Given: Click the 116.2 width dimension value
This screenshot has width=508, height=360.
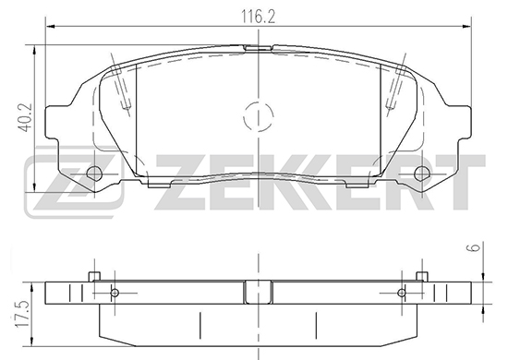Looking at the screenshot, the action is pos(259,17).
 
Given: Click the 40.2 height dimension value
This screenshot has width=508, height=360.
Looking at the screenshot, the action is pos(25,117).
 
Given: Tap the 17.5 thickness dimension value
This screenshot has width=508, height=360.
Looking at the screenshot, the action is pos(24,315).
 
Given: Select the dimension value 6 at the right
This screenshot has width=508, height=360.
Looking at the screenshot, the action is pos(475,247).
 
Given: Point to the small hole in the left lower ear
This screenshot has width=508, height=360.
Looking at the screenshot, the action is pos(94,174).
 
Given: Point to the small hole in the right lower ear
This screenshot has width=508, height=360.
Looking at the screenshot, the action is pos(422,174).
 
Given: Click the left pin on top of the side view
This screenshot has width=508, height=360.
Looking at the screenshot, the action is pos(94,277).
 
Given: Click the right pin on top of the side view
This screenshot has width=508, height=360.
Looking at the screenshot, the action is pos(422,277).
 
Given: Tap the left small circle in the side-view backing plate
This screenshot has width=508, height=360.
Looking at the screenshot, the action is pos(115,293).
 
